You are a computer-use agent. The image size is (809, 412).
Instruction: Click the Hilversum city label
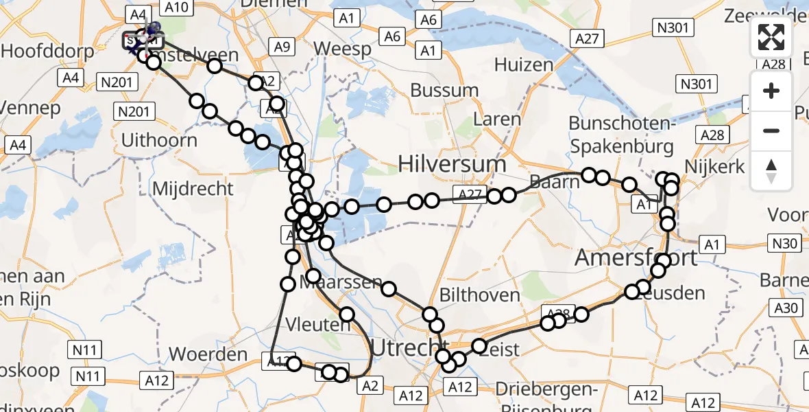452,164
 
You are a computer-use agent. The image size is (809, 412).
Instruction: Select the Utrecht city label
407,346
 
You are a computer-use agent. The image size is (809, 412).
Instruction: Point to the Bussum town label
444,90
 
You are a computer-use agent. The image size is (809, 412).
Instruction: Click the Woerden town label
208,354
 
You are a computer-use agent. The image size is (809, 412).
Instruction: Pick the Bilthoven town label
480,295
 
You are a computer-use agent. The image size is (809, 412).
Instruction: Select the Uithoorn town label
158,140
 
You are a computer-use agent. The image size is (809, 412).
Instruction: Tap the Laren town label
498,119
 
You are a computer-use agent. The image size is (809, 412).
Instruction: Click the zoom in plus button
771,91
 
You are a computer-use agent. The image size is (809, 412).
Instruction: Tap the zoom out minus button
771,130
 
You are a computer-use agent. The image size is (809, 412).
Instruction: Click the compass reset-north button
771,170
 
